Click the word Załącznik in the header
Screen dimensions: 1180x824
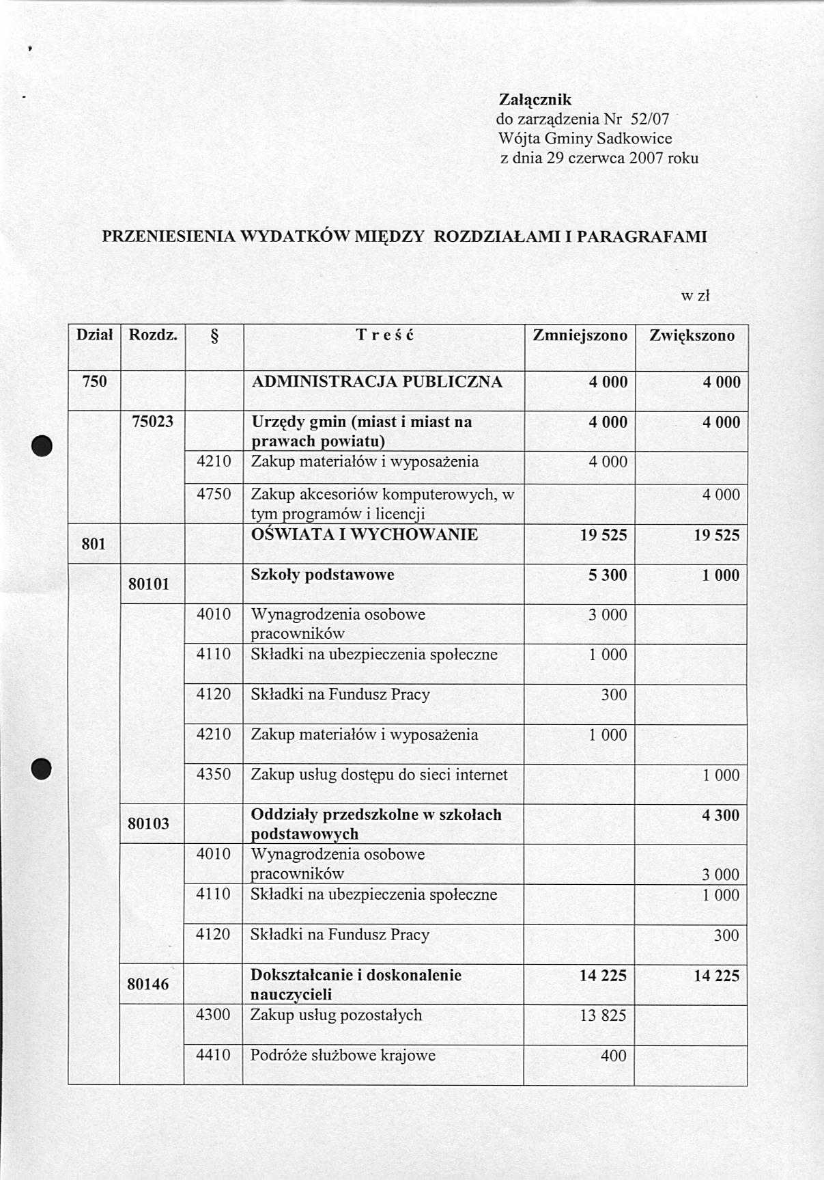click(535, 100)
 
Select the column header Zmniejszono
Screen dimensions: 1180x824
click(580, 335)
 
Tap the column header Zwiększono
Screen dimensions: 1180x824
click(692, 335)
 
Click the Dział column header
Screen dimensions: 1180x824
click(94, 335)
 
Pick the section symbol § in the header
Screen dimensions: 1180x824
click(214, 336)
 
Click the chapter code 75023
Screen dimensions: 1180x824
click(152, 422)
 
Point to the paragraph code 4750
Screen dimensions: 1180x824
click(214, 494)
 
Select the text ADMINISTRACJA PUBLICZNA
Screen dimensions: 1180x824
click(377, 382)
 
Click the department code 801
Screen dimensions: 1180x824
click(94, 544)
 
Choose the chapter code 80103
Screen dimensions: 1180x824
click(148, 823)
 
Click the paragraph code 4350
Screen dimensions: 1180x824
click(214, 774)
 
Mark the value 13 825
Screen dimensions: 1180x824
click(603, 1015)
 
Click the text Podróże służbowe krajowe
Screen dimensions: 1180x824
click(343, 1055)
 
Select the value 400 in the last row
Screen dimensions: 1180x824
click(613, 1056)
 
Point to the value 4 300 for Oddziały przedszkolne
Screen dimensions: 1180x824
click(720, 815)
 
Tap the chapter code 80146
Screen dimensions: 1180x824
click(147, 984)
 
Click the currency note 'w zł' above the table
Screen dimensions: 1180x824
click(696, 296)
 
